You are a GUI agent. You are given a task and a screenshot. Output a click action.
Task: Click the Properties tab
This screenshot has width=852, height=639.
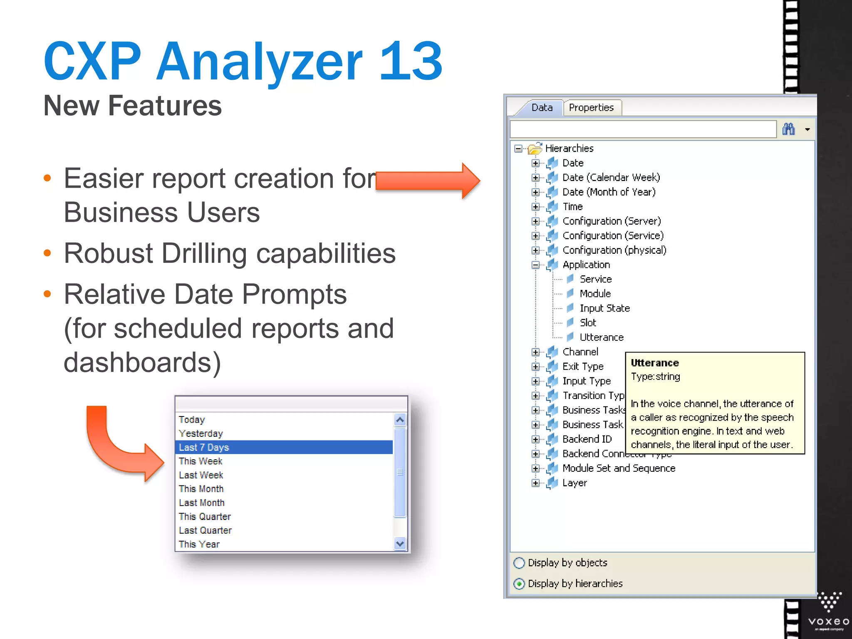tap(591, 108)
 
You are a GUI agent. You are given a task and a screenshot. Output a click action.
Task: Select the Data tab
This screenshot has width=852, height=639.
tap(542, 108)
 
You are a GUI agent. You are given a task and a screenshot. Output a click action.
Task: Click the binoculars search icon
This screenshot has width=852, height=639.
tap(788, 129)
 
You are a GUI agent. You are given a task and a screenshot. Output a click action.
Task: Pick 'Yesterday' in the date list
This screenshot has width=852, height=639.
tap(201, 433)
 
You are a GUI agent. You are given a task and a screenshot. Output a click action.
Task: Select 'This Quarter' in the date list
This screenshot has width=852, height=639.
tap(205, 516)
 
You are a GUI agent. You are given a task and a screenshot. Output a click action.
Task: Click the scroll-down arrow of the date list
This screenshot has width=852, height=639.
tap(400, 543)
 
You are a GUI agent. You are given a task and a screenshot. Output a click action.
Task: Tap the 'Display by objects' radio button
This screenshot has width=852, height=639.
tap(519, 563)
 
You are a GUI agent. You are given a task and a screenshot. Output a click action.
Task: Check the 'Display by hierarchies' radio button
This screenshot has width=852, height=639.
tap(519, 584)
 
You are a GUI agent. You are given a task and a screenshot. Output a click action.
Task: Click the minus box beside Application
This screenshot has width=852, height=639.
tap(536, 265)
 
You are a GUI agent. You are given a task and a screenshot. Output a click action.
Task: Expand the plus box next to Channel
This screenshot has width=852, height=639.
tap(536, 352)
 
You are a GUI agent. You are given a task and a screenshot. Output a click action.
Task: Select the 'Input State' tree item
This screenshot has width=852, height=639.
tap(604, 308)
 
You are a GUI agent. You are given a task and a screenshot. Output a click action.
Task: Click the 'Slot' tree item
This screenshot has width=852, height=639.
tap(588, 323)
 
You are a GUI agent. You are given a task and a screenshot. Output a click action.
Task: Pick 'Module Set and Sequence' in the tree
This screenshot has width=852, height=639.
tap(619, 468)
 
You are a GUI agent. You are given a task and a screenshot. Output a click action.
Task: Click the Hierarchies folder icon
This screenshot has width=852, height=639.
tap(535, 148)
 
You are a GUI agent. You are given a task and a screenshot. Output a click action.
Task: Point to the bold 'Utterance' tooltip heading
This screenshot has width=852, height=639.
tap(654, 363)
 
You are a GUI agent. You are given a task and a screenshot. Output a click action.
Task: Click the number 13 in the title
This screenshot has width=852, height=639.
tap(411, 61)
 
